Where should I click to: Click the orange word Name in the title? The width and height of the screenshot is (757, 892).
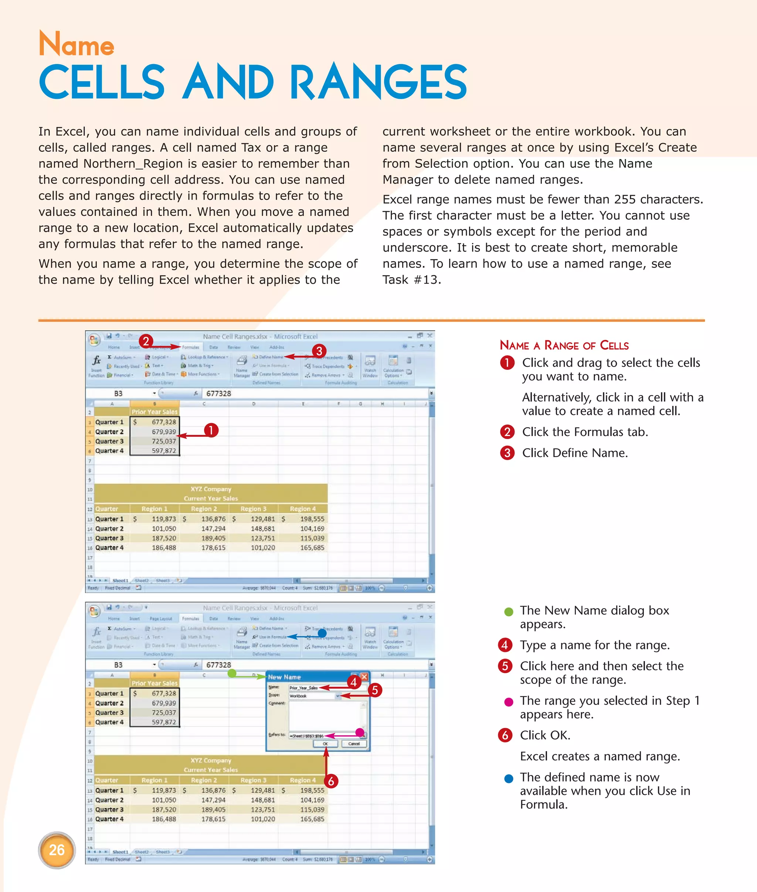pyautogui.click(x=77, y=45)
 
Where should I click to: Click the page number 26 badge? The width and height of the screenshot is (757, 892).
pyautogui.click(x=57, y=850)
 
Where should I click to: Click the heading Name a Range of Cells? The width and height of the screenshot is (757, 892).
pyautogui.click(x=564, y=345)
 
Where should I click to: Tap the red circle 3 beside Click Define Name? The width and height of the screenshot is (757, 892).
pyautogui.click(x=507, y=453)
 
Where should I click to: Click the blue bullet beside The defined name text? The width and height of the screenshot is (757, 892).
pyautogui.click(x=509, y=779)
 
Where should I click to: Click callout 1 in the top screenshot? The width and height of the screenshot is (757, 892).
pyautogui.click(x=211, y=430)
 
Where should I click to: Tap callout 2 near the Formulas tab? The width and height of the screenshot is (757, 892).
pyautogui.click(x=146, y=341)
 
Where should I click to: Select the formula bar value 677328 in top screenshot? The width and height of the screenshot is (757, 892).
pyautogui.click(x=218, y=394)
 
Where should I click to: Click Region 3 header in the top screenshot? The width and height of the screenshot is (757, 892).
pyautogui.click(x=253, y=509)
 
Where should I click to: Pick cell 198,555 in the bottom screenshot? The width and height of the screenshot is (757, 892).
pyautogui.click(x=312, y=790)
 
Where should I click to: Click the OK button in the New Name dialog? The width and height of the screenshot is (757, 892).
pyautogui.click(x=325, y=743)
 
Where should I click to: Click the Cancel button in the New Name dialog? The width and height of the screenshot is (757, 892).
pyautogui.click(x=354, y=743)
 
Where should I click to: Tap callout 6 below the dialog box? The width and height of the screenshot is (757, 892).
pyautogui.click(x=331, y=781)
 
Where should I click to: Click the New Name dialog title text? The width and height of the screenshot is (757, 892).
pyautogui.click(x=284, y=677)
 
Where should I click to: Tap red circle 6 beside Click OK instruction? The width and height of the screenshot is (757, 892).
pyautogui.click(x=505, y=735)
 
